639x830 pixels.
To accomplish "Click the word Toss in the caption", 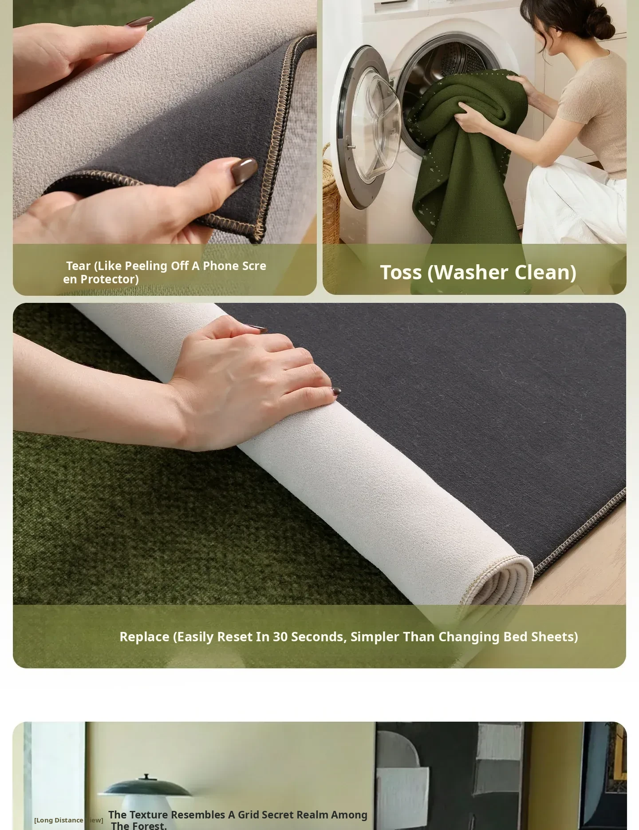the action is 401,272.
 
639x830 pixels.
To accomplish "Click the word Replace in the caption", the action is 145,637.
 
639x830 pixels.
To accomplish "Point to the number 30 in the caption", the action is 280,636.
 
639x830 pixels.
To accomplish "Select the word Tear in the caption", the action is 79,266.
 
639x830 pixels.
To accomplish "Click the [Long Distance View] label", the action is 69,820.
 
